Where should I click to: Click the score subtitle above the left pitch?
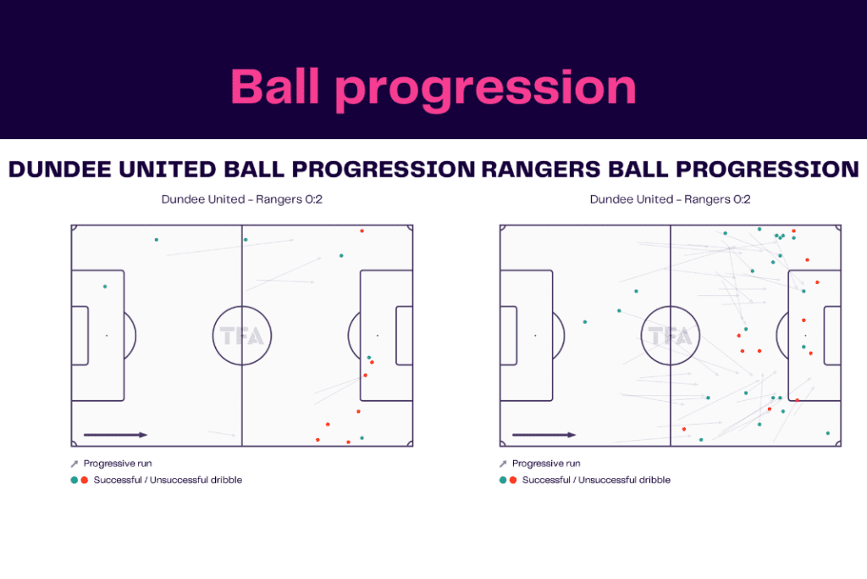point(241,200)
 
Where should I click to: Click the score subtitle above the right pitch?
point(670,200)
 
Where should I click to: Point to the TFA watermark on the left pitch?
point(242,336)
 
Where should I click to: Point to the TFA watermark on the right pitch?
point(671,336)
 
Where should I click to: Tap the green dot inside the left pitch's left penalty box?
point(105,287)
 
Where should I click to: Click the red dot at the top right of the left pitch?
point(362,231)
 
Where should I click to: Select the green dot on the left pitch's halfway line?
point(244,240)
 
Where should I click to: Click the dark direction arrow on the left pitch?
point(115,435)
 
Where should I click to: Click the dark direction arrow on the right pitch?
point(544,435)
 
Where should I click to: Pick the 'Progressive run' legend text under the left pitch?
point(118,464)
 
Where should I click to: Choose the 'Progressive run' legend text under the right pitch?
point(546,464)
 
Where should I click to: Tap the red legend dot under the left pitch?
point(85,480)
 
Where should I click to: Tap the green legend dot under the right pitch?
point(503,480)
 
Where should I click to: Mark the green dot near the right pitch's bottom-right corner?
point(827,433)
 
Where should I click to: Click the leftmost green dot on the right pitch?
point(584,322)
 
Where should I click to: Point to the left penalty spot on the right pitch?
point(535,336)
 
